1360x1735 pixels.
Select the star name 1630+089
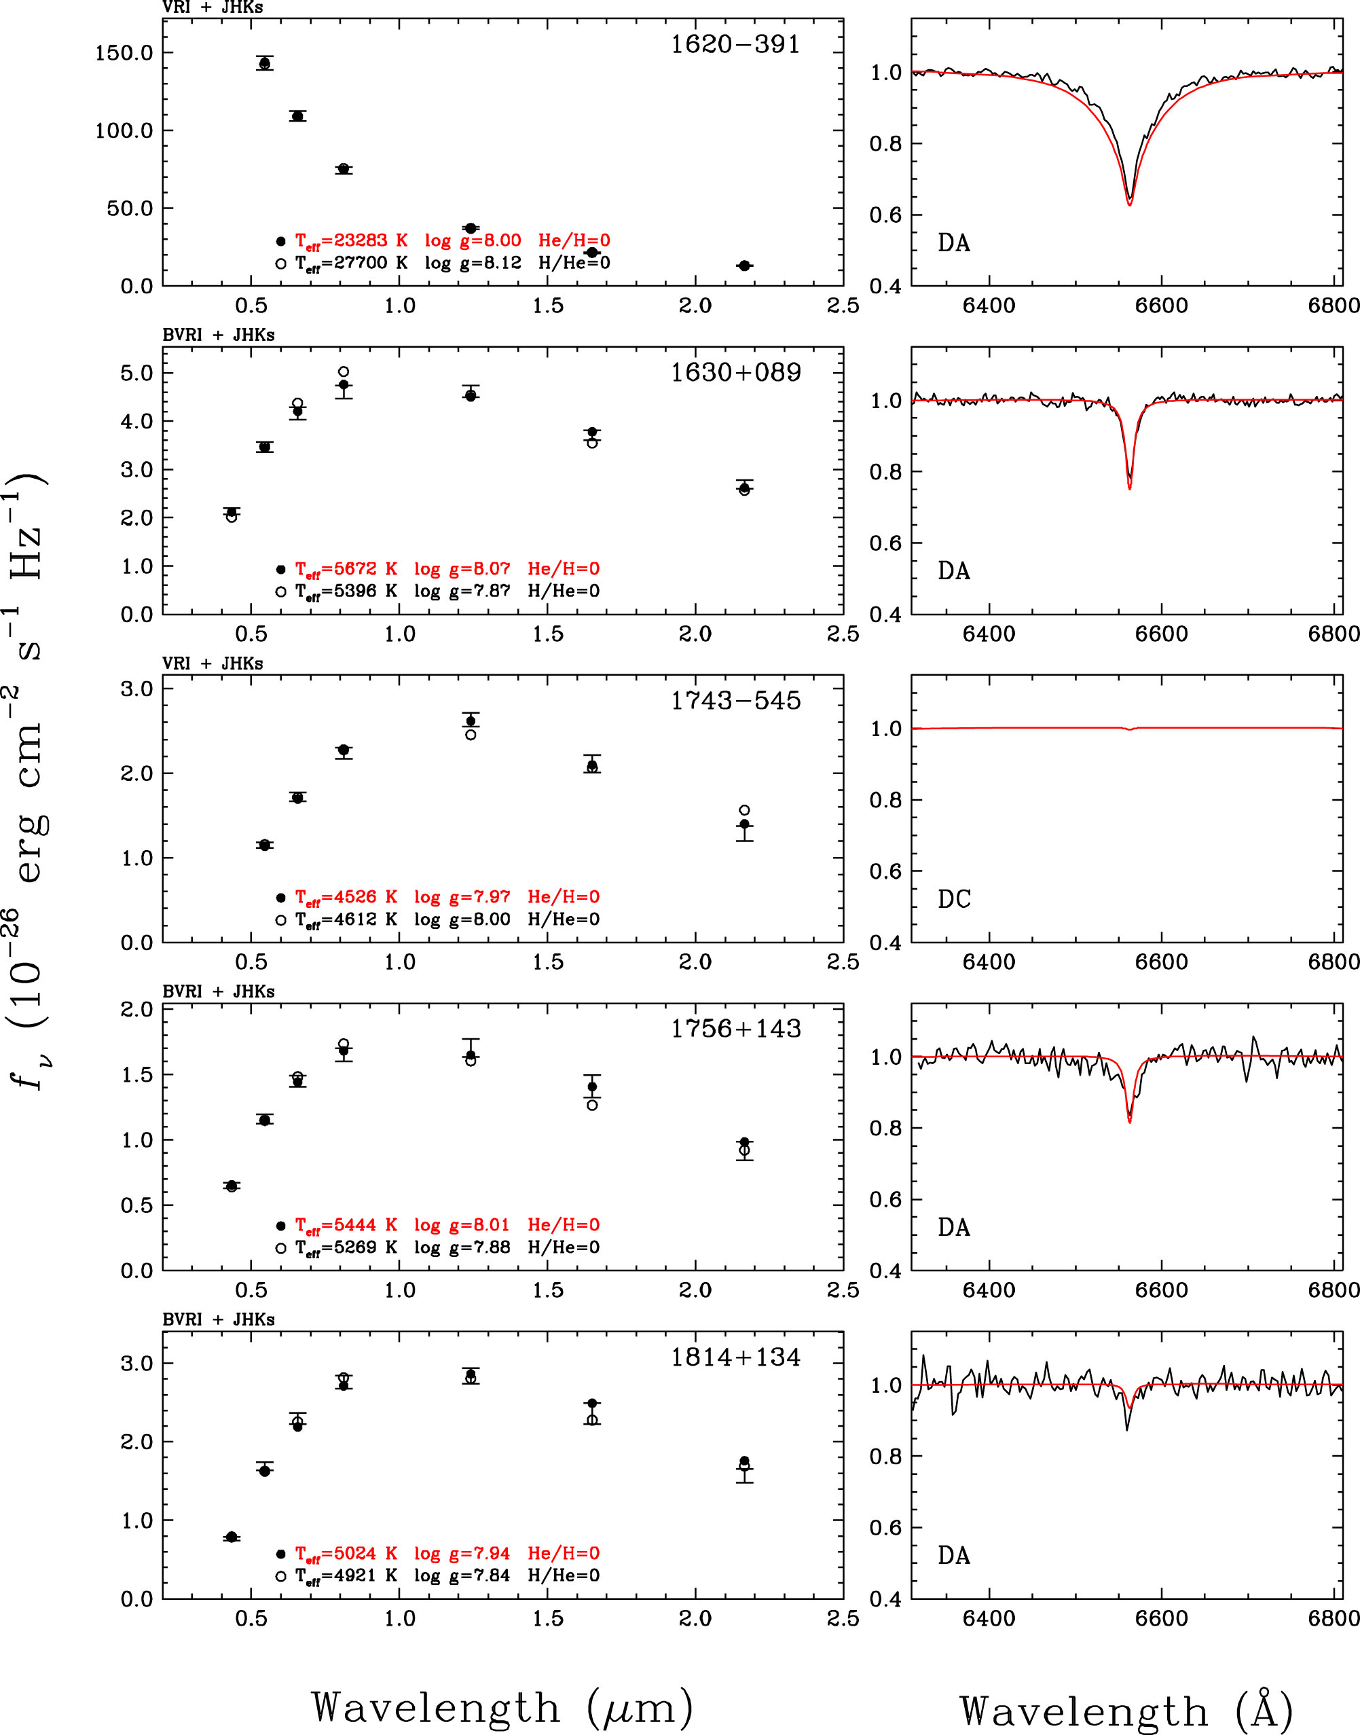pyautogui.click(x=735, y=372)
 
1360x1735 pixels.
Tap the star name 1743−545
pyautogui.click(x=735, y=700)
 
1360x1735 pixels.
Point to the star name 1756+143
pyautogui.click(x=735, y=1028)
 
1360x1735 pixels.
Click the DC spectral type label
pyautogui.click(x=954, y=899)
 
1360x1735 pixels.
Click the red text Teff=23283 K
pyautogui.click(x=351, y=240)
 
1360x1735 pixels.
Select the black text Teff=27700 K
pyautogui.click(x=351, y=263)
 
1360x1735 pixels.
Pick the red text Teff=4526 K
pyautogui.click(x=346, y=896)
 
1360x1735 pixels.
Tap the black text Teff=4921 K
pyautogui.click(x=346, y=1575)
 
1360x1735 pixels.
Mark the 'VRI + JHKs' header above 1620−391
pyautogui.click(x=213, y=8)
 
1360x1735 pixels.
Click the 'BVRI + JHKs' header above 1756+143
pyautogui.click(x=218, y=991)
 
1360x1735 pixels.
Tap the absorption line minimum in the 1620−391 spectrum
pyautogui.click(x=1129, y=204)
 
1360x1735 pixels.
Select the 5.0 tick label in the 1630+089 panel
pyautogui.click(x=137, y=373)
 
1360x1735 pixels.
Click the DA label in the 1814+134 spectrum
pyautogui.click(x=954, y=1555)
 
